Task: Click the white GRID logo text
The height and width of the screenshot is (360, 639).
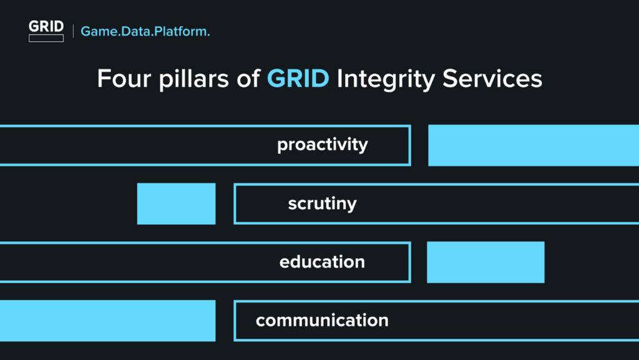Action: point(46,26)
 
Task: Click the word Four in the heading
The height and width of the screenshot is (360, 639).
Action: point(124,78)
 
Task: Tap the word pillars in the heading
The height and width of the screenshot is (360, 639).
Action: point(194,79)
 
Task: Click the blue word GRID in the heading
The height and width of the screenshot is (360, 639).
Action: point(298,78)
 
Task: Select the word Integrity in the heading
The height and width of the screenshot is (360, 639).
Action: point(386,79)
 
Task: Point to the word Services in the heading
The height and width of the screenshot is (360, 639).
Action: point(492,78)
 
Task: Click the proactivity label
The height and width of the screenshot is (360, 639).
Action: point(323,145)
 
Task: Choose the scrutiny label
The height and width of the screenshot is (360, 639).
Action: point(322,203)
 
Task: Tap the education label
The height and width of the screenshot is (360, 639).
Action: point(322,261)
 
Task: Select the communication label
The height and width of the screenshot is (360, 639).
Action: point(322,320)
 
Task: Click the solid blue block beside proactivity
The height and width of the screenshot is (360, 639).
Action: point(534,145)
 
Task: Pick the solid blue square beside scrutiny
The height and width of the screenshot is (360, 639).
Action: point(176,203)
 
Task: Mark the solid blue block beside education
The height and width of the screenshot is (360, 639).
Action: point(485,262)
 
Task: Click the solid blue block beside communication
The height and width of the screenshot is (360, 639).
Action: point(107,321)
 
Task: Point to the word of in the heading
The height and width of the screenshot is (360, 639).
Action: point(248,78)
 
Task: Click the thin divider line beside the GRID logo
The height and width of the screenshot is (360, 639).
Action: point(74,31)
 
